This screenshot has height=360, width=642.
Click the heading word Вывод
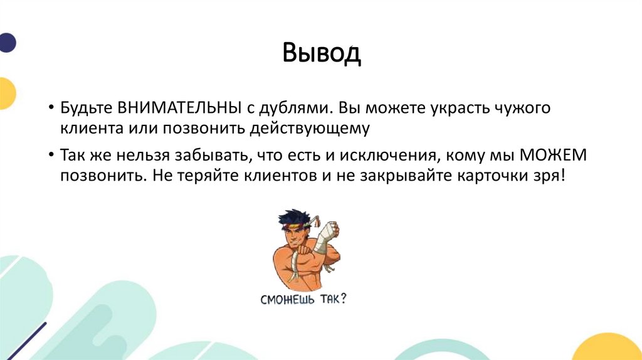click(322, 53)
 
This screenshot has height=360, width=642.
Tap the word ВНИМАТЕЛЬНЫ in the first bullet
click(179, 108)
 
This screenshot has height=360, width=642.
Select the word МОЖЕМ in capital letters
click(553, 155)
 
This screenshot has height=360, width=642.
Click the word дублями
click(295, 109)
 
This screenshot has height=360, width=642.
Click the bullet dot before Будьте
click(51, 108)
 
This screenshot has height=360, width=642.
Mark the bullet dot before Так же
click(51, 156)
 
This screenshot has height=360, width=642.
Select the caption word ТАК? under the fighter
click(334, 299)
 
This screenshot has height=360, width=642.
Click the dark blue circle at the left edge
click(7, 42)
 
